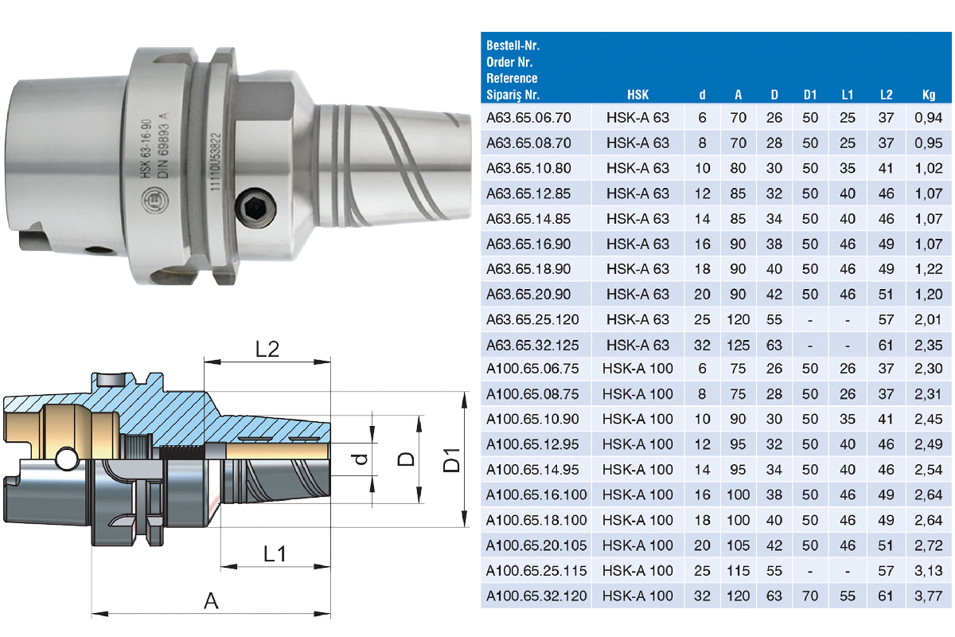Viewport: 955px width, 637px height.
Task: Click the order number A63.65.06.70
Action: coord(528,118)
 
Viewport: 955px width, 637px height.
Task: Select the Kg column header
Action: coord(929,95)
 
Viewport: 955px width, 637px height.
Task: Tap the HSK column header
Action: coord(637,95)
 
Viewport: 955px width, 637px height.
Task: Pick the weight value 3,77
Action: coord(928,596)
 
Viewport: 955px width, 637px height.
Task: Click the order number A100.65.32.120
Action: coord(536,596)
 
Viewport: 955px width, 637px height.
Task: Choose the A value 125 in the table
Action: coord(738,345)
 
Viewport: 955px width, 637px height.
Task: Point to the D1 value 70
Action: coord(810,596)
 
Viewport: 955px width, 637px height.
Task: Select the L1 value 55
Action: coord(847,596)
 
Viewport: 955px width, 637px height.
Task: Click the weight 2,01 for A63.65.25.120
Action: coord(928,319)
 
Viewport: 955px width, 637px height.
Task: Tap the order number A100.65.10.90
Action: coord(532,419)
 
